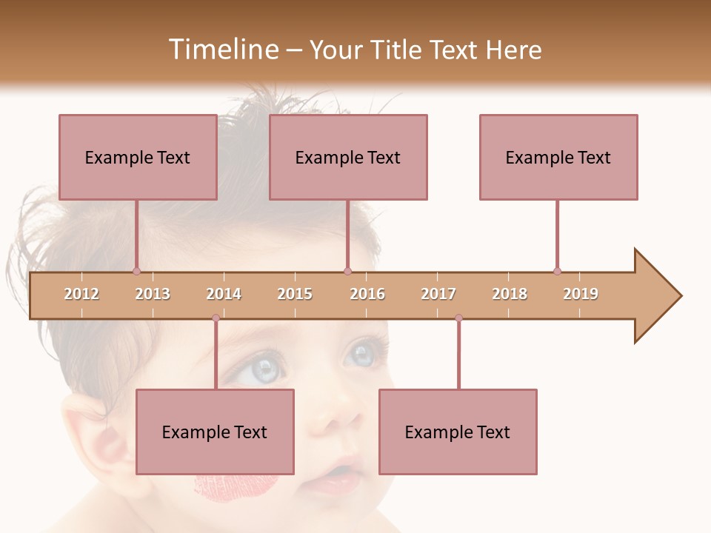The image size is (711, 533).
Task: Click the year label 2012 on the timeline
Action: point(81,294)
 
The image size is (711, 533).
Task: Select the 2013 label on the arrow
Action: point(153,294)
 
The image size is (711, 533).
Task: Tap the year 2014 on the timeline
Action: point(224,294)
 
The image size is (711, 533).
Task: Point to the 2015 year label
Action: point(295,294)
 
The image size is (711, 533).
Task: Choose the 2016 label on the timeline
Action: point(367,294)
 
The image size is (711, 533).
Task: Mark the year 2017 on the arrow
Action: point(438,294)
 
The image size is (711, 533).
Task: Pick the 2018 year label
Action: point(510,294)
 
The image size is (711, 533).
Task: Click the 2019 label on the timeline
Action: point(581,294)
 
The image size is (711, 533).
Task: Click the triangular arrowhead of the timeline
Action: point(655,296)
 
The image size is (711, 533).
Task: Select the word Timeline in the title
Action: point(221,50)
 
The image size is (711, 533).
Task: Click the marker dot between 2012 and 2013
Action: point(136,271)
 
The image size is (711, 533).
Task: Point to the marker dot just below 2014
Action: point(216,318)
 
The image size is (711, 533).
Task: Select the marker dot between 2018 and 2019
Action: point(557,271)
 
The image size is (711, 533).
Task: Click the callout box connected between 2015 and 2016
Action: point(348,157)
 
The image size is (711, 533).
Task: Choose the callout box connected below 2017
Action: point(458,432)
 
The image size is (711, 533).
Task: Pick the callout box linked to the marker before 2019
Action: point(558,157)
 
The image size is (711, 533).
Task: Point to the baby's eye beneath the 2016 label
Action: point(363,354)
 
